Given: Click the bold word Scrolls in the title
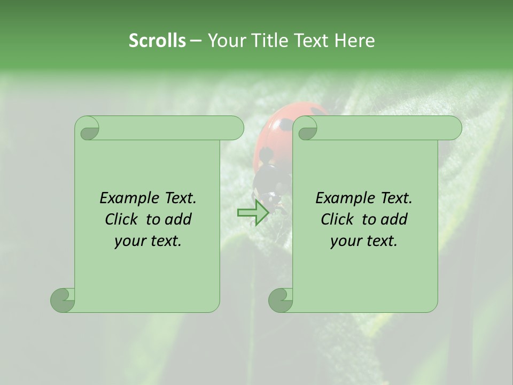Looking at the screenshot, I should coord(157,41).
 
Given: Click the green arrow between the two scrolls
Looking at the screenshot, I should coord(253,212).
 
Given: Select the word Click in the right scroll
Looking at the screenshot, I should coord(338,219).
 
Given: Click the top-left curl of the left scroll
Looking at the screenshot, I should coord(87,128).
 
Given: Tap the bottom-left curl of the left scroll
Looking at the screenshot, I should coord(63,300).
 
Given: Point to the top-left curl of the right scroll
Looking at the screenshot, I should coord(305,128).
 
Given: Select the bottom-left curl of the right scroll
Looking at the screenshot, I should coord(281,300).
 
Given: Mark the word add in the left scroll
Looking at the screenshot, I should coord(178,219).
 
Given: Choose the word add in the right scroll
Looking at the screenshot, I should coord(394,219).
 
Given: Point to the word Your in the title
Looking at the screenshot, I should coord(224,41).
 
